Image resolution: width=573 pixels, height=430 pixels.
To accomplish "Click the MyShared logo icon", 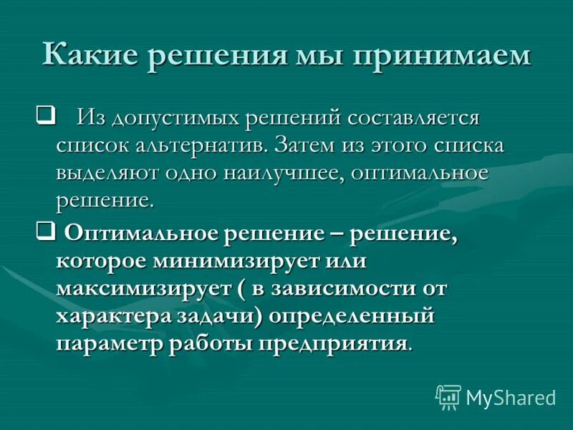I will [x=448, y=397].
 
